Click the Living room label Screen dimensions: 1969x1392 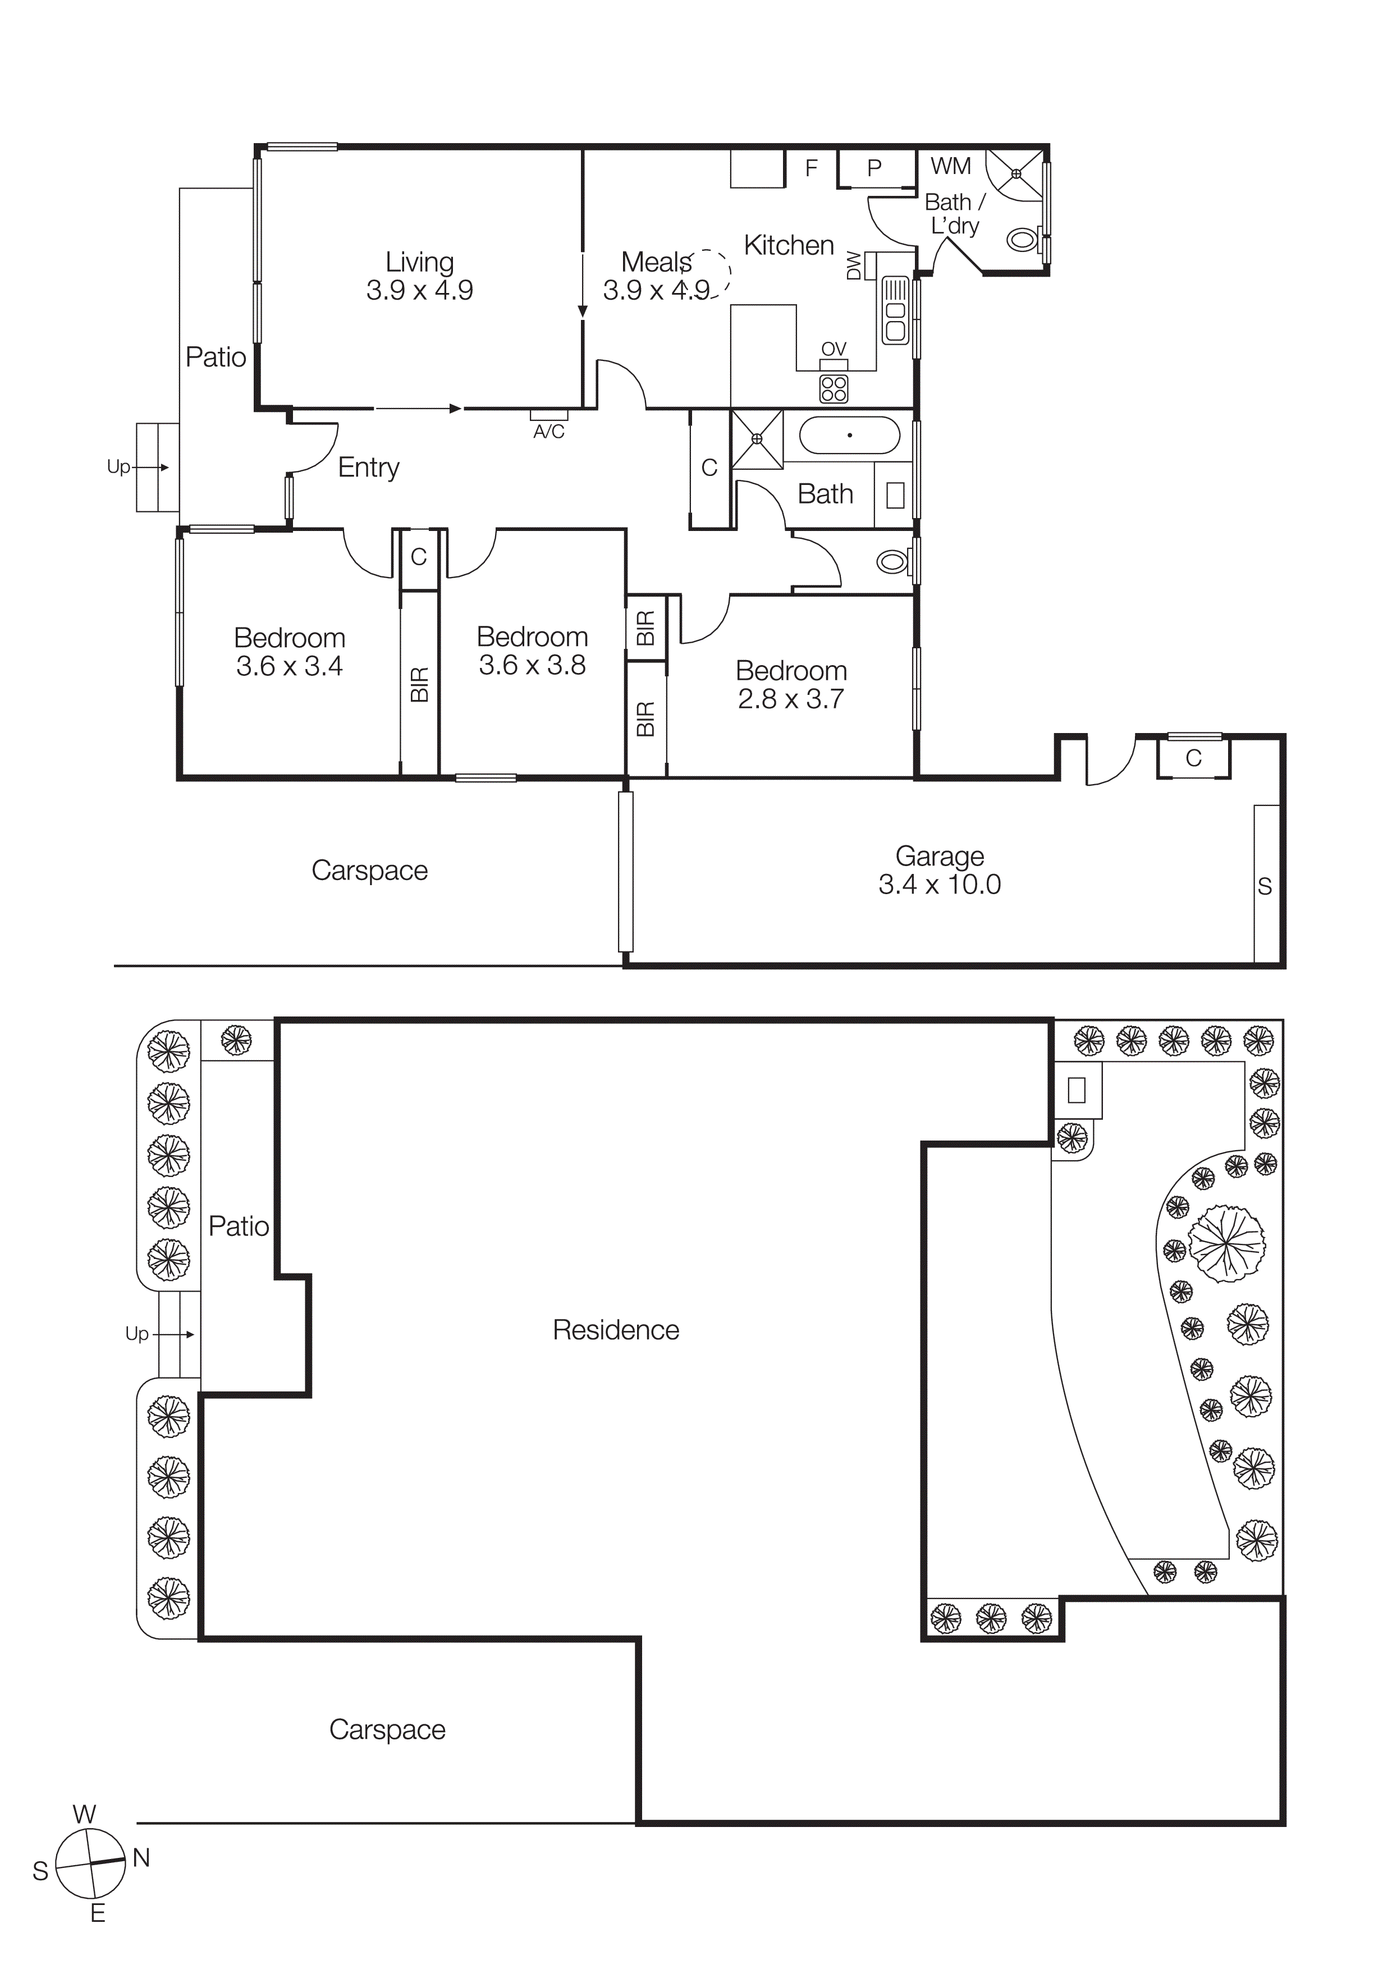419,263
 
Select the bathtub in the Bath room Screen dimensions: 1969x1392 849,436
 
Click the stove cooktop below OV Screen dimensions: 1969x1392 834,388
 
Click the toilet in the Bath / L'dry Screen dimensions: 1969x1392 1022,239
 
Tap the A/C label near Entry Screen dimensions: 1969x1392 549,432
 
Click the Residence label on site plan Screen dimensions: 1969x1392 615,1330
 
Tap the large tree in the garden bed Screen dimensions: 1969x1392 1226,1243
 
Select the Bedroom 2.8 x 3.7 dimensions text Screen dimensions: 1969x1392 791,699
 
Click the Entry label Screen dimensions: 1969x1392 369,468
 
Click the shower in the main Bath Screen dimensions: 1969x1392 757,439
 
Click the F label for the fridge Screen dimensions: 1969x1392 812,168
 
